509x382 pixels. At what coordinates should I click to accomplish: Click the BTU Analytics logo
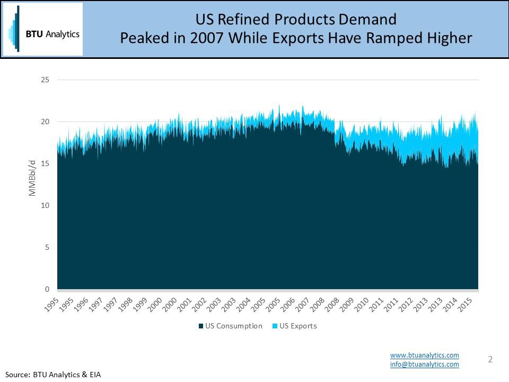tap(43, 29)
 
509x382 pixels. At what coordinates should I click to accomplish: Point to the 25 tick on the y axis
tap(45, 80)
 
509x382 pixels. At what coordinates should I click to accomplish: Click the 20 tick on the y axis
tap(45, 122)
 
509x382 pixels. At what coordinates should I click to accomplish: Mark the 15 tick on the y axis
tap(45, 164)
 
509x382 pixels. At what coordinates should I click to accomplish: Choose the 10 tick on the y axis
tap(45, 206)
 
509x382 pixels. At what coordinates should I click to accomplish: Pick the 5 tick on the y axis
tap(47, 248)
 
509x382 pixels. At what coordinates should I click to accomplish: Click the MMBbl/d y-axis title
tap(32, 176)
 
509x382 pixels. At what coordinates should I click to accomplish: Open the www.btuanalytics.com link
tap(424, 355)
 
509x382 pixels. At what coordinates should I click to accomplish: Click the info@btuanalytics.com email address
tap(424, 364)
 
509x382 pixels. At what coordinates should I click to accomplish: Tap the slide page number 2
tap(490, 360)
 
